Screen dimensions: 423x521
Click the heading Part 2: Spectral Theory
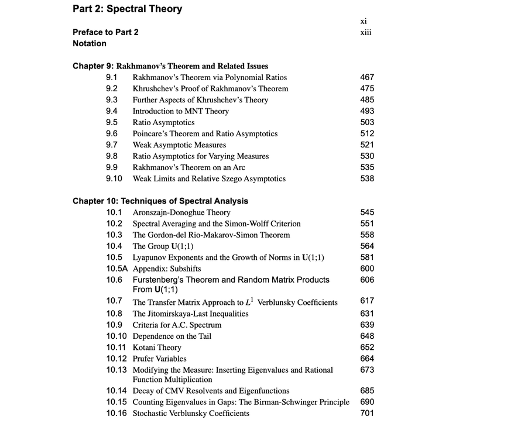pyautogui.click(x=127, y=9)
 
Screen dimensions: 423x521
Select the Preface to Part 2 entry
pyautogui.click(x=105, y=32)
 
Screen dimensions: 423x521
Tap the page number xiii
pyautogui.click(x=366, y=32)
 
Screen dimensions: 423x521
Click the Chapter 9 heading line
pyautogui.click(x=170, y=66)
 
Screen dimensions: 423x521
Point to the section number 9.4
pyautogui.click(x=112, y=111)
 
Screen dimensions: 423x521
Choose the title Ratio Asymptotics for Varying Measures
pyautogui.click(x=201, y=156)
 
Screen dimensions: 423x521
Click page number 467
pyautogui.click(x=367, y=77)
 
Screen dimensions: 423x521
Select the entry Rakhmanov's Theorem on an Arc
pyautogui.click(x=188, y=167)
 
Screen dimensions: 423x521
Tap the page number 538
pyautogui.click(x=367, y=178)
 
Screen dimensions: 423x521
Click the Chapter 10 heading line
pyautogui.click(x=160, y=201)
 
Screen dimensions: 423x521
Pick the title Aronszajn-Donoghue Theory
pyautogui.click(x=181, y=212)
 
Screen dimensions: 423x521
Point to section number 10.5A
pyautogui.click(x=117, y=269)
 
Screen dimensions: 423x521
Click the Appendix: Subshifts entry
pyautogui.click(x=167, y=269)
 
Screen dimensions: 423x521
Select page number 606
pyautogui.click(x=367, y=280)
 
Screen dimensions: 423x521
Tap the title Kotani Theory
pyautogui.click(x=157, y=348)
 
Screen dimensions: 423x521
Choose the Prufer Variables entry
pyautogui.click(x=159, y=359)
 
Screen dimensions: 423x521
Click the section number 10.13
pyautogui.click(x=116, y=370)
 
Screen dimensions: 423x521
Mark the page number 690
pyautogui.click(x=367, y=402)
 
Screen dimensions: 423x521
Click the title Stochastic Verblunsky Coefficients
pyautogui.click(x=191, y=413)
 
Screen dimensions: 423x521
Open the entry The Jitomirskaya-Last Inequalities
pyautogui.click(x=190, y=314)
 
